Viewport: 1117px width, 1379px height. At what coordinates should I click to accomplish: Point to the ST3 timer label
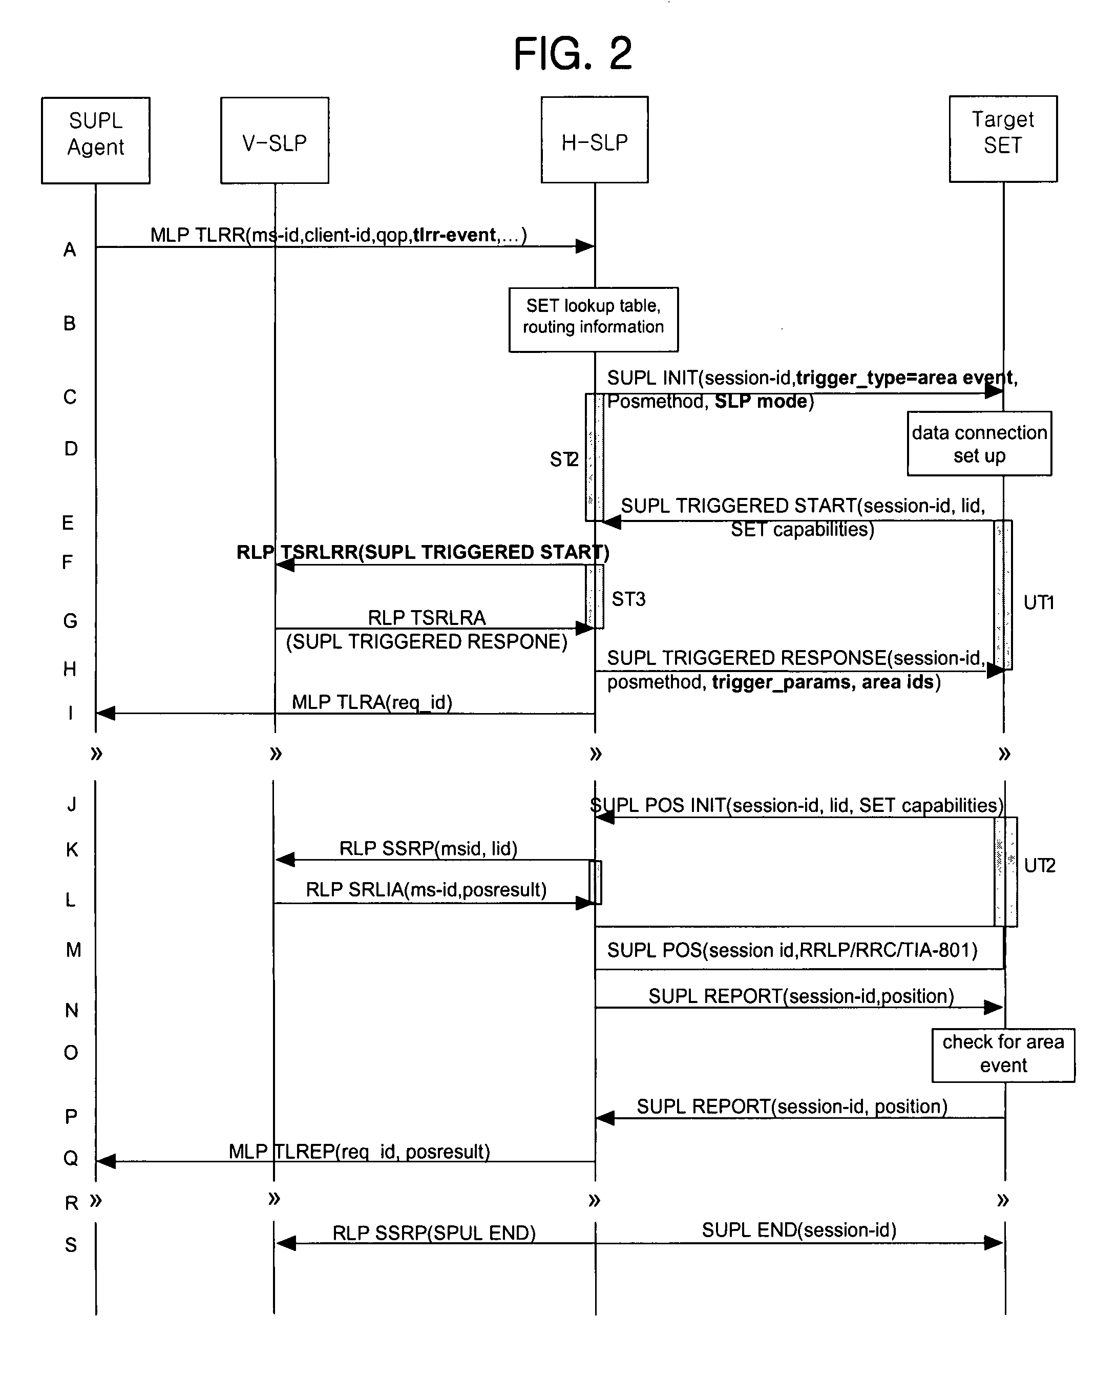(x=628, y=599)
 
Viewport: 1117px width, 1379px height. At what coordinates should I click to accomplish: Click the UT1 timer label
(x=1039, y=602)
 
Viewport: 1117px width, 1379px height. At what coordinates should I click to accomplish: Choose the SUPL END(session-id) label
(x=799, y=1230)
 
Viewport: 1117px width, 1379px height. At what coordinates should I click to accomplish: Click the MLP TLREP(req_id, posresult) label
(x=359, y=1151)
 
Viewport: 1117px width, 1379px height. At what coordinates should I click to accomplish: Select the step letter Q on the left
(x=71, y=1158)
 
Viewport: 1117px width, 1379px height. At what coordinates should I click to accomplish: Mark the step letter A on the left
(x=70, y=249)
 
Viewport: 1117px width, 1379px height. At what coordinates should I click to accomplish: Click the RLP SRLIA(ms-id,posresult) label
(x=426, y=889)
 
